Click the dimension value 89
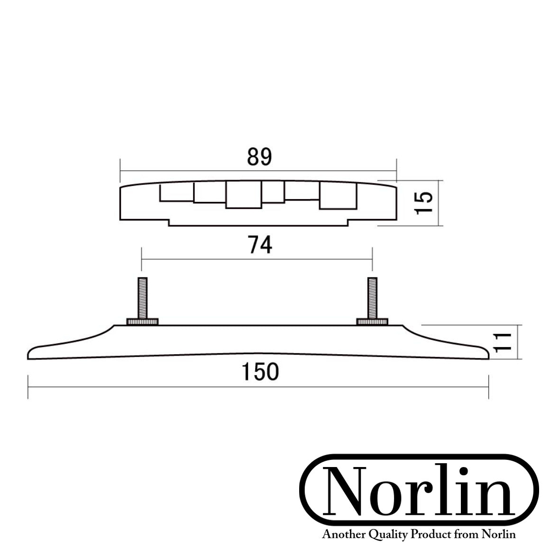click(x=259, y=157)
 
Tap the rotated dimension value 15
click(x=423, y=203)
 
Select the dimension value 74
click(x=260, y=245)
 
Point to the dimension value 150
click(x=260, y=372)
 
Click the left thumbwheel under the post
click(x=142, y=322)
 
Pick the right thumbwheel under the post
click(x=372, y=322)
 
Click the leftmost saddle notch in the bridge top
click(x=176, y=192)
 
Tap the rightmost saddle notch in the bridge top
click(x=337, y=195)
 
